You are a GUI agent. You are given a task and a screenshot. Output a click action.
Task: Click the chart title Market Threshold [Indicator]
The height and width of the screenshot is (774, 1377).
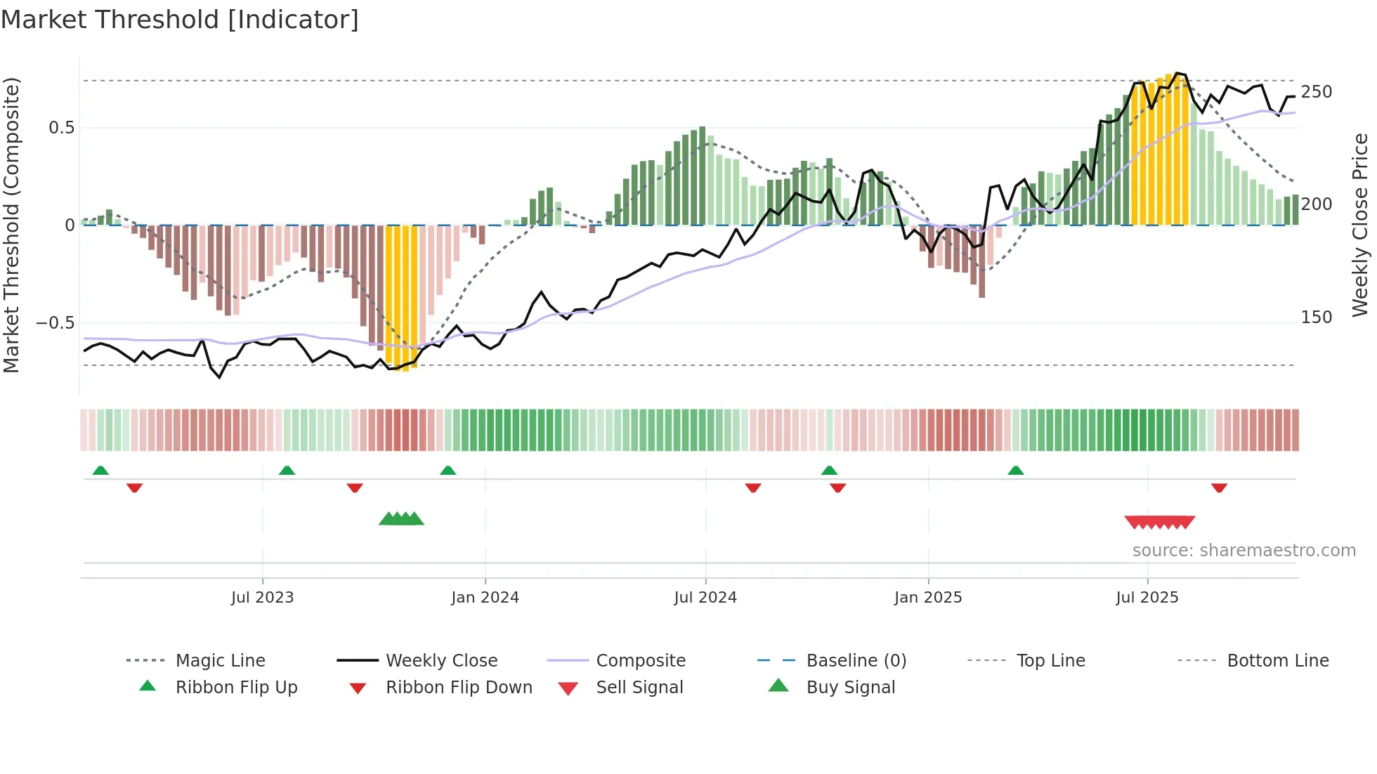click(180, 20)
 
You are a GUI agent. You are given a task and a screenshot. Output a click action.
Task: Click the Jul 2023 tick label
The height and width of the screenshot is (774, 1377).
click(262, 598)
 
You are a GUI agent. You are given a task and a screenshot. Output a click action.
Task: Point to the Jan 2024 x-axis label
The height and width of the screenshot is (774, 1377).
click(485, 598)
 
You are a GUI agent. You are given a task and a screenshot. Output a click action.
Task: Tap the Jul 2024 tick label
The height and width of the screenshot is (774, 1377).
click(705, 598)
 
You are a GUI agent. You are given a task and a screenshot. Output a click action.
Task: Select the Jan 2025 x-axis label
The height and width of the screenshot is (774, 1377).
click(928, 598)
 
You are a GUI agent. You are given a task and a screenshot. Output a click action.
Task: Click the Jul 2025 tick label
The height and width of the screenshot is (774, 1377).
click(1147, 598)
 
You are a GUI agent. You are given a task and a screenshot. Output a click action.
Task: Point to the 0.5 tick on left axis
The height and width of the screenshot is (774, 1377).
click(62, 128)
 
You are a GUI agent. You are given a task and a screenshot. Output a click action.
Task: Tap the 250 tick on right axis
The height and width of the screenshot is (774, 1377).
click(1316, 92)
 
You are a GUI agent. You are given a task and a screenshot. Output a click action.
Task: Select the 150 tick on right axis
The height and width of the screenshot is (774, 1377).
click(1316, 317)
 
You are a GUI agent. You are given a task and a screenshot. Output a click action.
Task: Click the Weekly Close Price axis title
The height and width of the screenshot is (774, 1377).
click(1360, 225)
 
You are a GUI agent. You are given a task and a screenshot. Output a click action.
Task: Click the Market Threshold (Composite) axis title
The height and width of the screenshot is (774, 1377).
click(11, 225)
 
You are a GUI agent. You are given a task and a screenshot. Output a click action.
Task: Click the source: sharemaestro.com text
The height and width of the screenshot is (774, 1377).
click(1244, 551)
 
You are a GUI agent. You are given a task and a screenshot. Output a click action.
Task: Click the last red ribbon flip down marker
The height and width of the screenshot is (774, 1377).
click(1219, 487)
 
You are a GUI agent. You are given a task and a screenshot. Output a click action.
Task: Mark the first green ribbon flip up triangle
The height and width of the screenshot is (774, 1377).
click(100, 471)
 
